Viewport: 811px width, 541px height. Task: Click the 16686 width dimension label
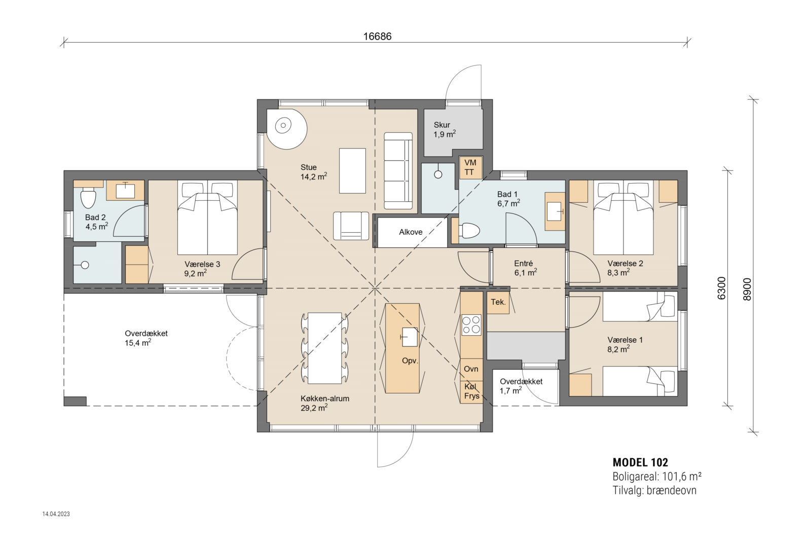[x=378, y=37]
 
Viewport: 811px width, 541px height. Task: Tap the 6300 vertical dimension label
[x=721, y=287]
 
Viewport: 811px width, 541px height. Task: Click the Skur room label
[x=441, y=125]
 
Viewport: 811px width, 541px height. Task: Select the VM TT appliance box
[x=470, y=167]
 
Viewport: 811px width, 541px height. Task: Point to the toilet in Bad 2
[x=88, y=198]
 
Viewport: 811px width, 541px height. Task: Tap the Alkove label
[x=411, y=232]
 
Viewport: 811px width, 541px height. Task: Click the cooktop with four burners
[x=471, y=325]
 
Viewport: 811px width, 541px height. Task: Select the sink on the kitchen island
[x=409, y=337]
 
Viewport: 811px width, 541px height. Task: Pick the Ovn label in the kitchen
[x=471, y=369]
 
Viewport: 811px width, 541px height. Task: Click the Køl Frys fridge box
[x=471, y=391]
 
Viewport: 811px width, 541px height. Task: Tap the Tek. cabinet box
[x=498, y=302]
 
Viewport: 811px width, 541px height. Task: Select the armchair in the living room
[x=351, y=226]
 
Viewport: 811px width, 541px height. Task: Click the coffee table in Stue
[x=352, y=170]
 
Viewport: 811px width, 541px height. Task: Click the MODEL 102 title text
[x=640, y=462]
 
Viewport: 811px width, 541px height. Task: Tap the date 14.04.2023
[x=56, y=514]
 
